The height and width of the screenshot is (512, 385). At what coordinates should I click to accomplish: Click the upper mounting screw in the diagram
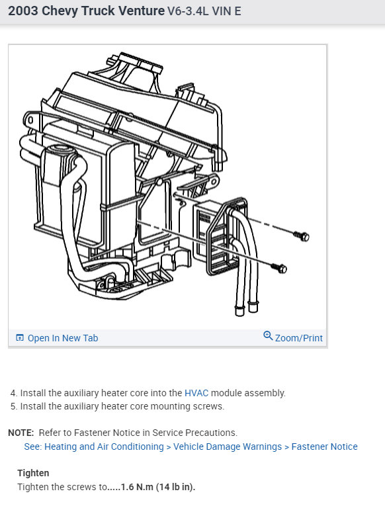point(302,235)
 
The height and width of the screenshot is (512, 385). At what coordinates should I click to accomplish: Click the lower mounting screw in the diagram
point(280,268)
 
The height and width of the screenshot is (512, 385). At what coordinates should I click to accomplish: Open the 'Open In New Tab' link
point(62,338)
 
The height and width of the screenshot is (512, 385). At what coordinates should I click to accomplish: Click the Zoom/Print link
point(298,338)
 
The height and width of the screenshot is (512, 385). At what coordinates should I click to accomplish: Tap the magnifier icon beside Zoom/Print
point(268,336)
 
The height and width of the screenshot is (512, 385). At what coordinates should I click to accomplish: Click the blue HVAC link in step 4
point(196,393)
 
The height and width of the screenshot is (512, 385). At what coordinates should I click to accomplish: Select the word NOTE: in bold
point(21,433)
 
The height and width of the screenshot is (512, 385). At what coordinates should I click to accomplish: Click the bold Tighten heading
point(33,473)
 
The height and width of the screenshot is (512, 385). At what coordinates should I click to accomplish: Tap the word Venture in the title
point(140,11)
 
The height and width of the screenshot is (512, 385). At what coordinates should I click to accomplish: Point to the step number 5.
point(13,406)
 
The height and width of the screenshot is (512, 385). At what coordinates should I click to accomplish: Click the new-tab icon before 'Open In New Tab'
point(19,338)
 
